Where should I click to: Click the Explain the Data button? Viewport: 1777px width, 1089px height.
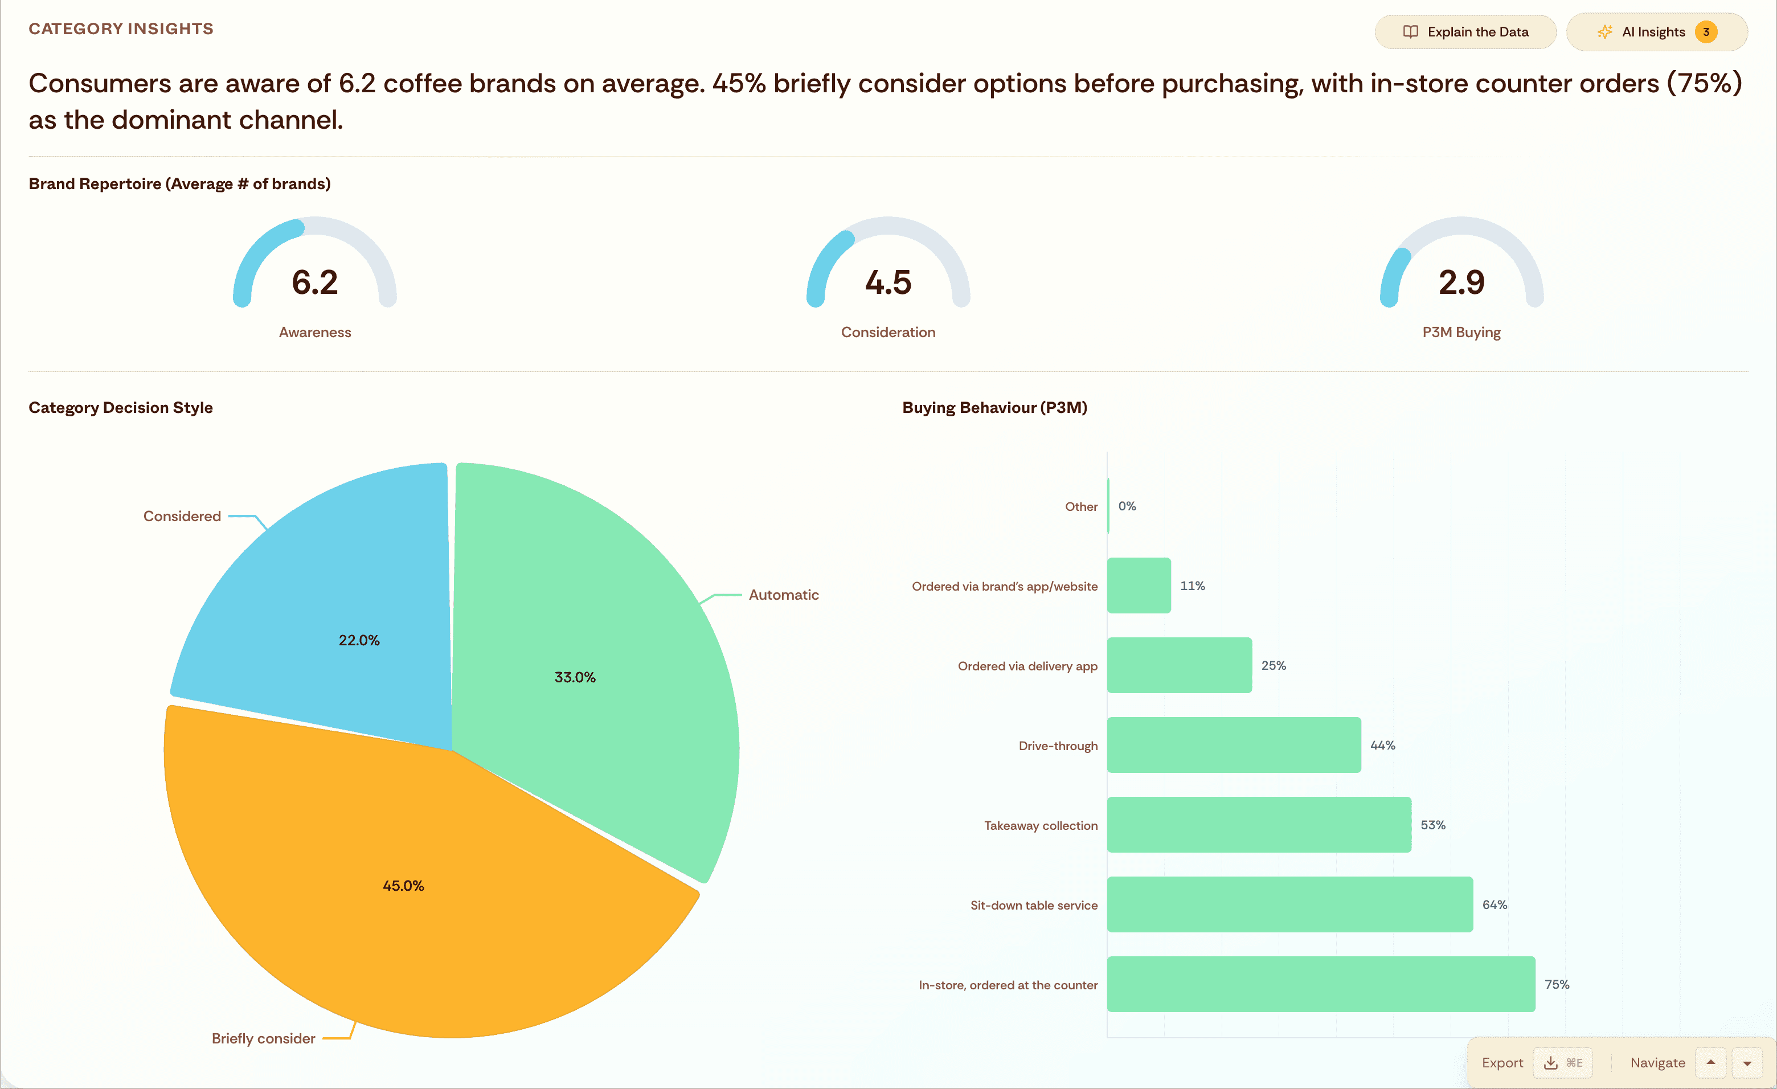[x=1465, y=32]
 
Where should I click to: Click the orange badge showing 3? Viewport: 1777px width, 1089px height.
[x=1706, y=32]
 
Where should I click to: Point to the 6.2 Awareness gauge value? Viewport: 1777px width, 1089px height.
[x=314, y=282]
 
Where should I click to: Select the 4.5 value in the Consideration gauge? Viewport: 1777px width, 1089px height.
[x=888, y=282]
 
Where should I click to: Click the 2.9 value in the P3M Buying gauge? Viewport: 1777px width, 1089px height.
[x=1461, y=282]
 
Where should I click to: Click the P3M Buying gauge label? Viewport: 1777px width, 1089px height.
[x=1461, y=333]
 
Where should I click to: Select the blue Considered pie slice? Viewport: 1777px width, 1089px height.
[x=339, y=613]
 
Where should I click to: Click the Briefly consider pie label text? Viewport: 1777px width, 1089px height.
[x=263, y=1038]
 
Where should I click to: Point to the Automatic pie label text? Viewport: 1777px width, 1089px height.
[x=783, y=595]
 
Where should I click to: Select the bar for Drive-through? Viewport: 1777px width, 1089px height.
[x=1233, y=745]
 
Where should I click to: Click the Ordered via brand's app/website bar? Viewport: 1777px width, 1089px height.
[x=1139, y=586]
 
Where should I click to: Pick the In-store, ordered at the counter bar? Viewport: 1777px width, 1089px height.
[x=1320, y=984]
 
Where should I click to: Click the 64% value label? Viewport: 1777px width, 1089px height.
[x=1495, y=904]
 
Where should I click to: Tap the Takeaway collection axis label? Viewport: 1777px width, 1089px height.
[x=1040, y=826]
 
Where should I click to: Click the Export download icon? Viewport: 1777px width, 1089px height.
[x=1550, y=1062]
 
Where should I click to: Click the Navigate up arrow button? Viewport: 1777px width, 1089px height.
[x=1710, y=1062]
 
